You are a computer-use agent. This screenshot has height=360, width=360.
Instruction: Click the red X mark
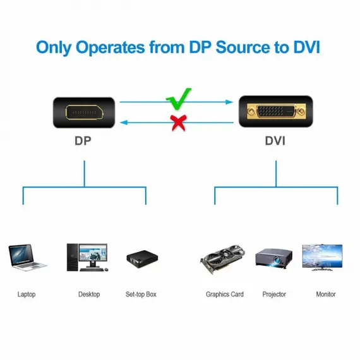(x=178, y=123)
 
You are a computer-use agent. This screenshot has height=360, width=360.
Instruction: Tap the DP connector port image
(x=84, y=112)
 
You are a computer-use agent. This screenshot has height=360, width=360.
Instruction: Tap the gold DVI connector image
(x=276, y=111)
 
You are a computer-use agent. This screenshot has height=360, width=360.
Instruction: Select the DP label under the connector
(x=83, y=141)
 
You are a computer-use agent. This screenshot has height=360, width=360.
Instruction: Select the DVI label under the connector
(x=275, y=141)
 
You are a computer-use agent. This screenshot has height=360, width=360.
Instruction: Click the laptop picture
(x=27, y=258)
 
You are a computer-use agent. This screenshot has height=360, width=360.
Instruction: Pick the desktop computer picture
(x=87, y=258)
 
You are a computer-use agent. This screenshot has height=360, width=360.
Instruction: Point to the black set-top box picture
(x=142, y=258)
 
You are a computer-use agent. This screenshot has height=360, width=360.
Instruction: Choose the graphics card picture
(x=222, y=259)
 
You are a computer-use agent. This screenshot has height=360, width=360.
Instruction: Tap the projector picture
(x=273, y=258)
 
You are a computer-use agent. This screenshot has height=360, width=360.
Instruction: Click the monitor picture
(x=322, y=258)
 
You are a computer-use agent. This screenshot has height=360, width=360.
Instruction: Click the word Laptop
(x=27, y=294)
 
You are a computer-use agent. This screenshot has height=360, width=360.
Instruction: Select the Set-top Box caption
(x=141, y=294)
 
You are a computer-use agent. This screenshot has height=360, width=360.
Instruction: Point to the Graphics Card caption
(x=225, y=294)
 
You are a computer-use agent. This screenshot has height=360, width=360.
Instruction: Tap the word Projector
(x=274, y=294)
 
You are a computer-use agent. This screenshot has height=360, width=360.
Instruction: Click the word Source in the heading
(x=243, y=47)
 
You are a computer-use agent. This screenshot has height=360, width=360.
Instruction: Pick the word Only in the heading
(x=54, y=48)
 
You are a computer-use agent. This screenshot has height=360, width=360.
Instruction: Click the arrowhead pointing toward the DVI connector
(x=229, y=102)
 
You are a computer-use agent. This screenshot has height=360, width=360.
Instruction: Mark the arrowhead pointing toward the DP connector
(x=124, y=123)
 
